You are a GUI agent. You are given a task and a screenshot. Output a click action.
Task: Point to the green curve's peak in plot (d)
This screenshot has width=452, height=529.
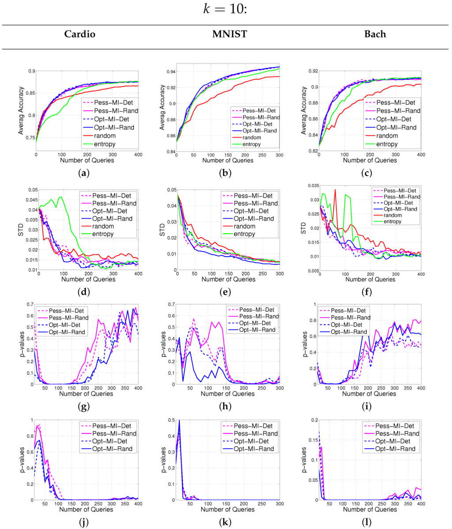[60, 197]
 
